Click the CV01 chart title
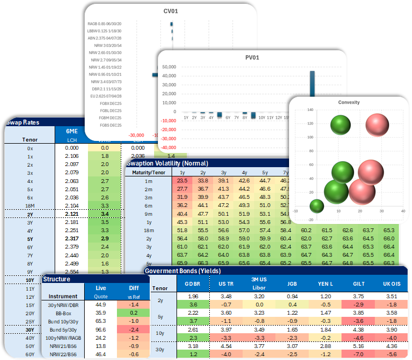coord(171,10)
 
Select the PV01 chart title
coord(251,57)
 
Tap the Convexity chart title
coord(349,102)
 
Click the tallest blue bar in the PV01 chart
coord(313,91)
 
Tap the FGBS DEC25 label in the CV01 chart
coord(109,125)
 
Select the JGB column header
coord(292,284)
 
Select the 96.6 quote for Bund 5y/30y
coord(100,330)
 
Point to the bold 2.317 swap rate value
coord(71,238)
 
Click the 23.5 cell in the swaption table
coord(183,180)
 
